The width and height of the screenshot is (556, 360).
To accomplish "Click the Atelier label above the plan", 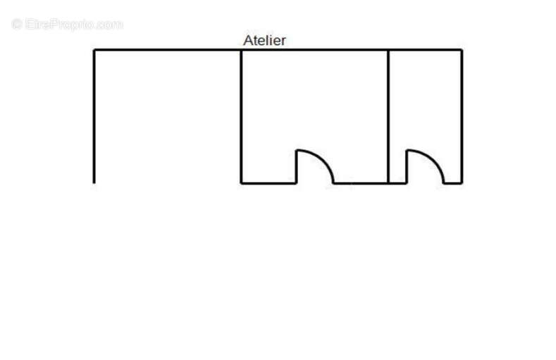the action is (264, 40).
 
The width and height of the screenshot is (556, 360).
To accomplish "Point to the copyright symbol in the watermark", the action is (17, 25).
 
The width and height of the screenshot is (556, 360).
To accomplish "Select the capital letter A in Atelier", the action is (248, 40).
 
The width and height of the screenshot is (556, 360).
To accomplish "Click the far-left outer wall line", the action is (94, 116).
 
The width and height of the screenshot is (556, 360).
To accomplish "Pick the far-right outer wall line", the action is (462, 116).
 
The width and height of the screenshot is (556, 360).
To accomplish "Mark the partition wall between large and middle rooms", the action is (241, 116).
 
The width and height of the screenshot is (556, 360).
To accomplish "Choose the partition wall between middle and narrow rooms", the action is (388, 116).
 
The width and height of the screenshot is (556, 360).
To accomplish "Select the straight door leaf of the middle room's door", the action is (297, 166).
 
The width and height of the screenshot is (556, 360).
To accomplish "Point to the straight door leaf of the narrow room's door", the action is (407, 166).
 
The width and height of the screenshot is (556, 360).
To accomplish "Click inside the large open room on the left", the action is (168, 117).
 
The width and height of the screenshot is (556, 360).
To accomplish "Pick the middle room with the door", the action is (315, 117).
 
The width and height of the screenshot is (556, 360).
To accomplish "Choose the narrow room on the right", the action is (425, 117).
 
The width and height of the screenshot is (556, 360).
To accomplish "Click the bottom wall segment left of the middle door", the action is (268, 183).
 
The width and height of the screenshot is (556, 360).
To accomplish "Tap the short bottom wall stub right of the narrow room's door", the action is (453, 183).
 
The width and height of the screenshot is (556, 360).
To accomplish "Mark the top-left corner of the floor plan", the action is (94, 50).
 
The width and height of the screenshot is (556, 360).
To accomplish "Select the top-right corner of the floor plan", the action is (462, 50).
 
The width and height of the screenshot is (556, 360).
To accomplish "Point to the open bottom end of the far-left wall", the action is (94, 183).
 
